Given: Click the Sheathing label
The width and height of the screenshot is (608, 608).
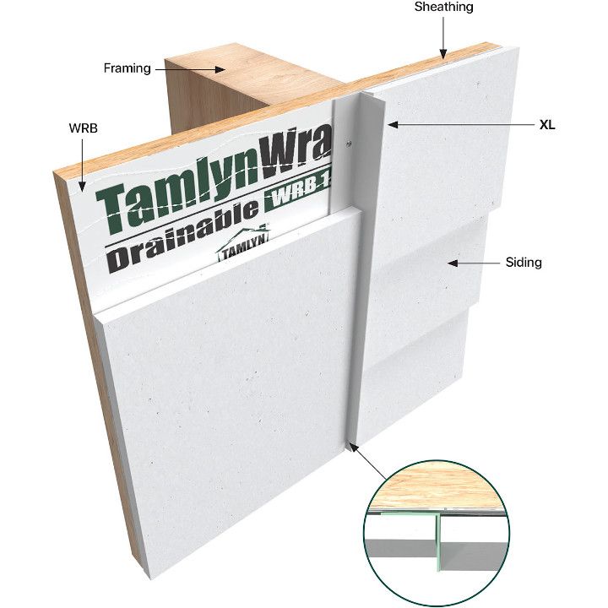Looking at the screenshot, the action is pyautogui.click(x=443, y=7).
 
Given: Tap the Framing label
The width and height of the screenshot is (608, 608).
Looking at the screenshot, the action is pyautogui.click(x=128, y=68).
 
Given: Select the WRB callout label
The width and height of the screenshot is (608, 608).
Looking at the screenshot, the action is pyautogui.click(x=83, y=128).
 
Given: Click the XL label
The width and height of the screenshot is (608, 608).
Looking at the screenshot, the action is pyautogui.click(x=547, y=125).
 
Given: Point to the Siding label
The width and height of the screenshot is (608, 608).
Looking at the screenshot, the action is pyautogui.click(x=524, y=263).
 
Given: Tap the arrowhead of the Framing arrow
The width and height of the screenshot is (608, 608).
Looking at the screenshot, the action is pyautogui.click(x=220, y=69).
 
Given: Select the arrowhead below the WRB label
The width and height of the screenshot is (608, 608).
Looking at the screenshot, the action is pyautogui.click(x=82, y=187).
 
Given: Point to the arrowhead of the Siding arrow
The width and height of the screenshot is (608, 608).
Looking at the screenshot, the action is pyautogui.click(x=453, y=263).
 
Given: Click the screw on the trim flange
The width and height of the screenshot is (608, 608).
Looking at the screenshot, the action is pyautogui.click(x=349, y=144).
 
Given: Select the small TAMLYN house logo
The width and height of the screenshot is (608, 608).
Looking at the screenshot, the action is pyautogui.click(x=243, y=245).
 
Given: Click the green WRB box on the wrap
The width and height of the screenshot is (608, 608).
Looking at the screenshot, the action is pyautogui.click(x=297, y=193).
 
